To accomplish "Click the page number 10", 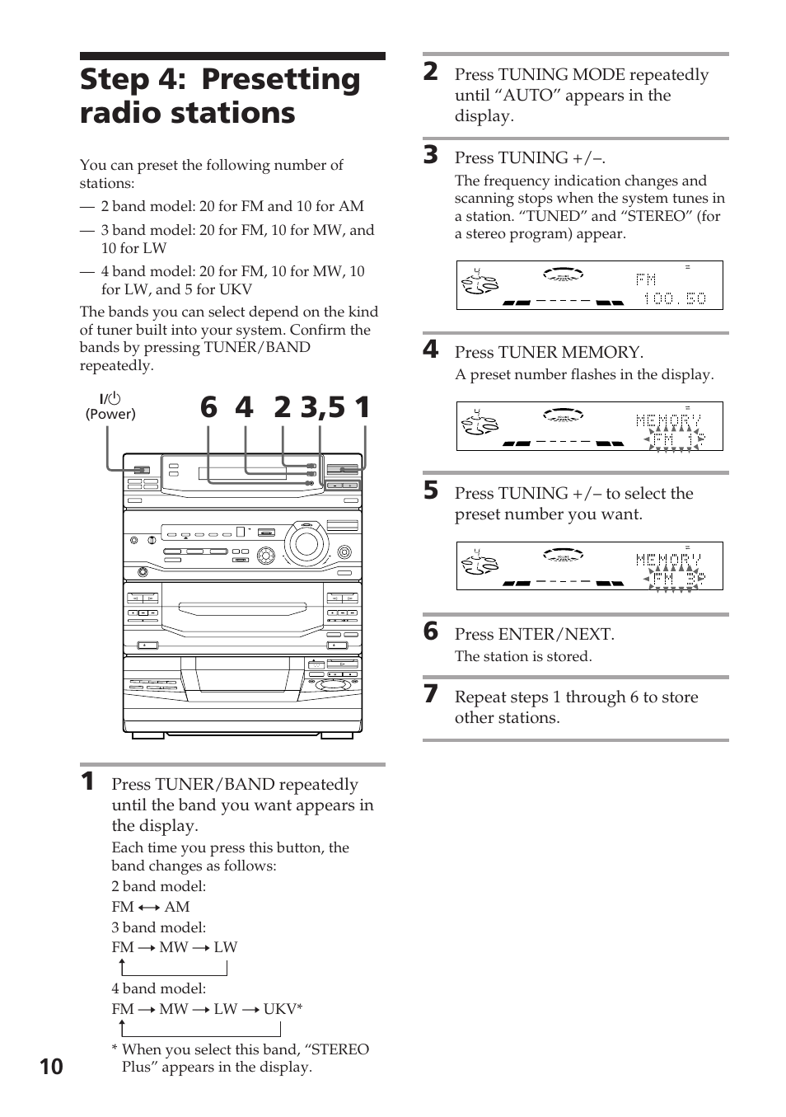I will coord(50,1067).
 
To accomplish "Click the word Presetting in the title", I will coord(281,79).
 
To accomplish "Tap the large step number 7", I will coord(431,694).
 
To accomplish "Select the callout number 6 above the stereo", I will coord(208,408).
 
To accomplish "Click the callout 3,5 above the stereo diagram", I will coord(323,408).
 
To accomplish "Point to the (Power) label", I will coord(110,415).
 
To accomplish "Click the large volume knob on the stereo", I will coord(306,543).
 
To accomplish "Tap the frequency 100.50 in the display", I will coord(674,298).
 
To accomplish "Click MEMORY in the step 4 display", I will coord(668,420).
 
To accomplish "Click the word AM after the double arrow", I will coord(177,906).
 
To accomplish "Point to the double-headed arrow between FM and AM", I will coord(149,907).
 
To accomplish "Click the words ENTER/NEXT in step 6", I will coord(556,634).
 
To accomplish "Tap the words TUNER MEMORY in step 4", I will coord(570,352).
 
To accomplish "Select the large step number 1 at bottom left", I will coord(87,781).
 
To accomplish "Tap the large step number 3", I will coord(431,155).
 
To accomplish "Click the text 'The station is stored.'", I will coord(523,656).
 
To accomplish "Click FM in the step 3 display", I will coord(646,280).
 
